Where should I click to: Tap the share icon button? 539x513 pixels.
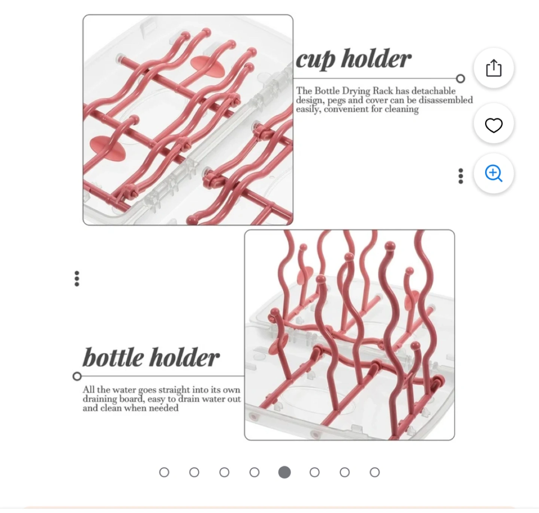(494, 68)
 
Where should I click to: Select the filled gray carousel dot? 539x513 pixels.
(284, 472)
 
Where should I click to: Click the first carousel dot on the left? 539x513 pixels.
(164, 472)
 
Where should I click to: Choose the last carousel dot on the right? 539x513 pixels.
(375, 472)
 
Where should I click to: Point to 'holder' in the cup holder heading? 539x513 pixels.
(377, 58)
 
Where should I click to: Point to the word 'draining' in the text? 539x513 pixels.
(100, 399)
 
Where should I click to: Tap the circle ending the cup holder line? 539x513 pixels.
(461, 79)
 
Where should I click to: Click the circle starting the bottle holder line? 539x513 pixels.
(77, 376)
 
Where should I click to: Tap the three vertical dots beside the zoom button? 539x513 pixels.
(461, 176)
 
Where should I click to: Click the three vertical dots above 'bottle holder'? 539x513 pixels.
(77, 279)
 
